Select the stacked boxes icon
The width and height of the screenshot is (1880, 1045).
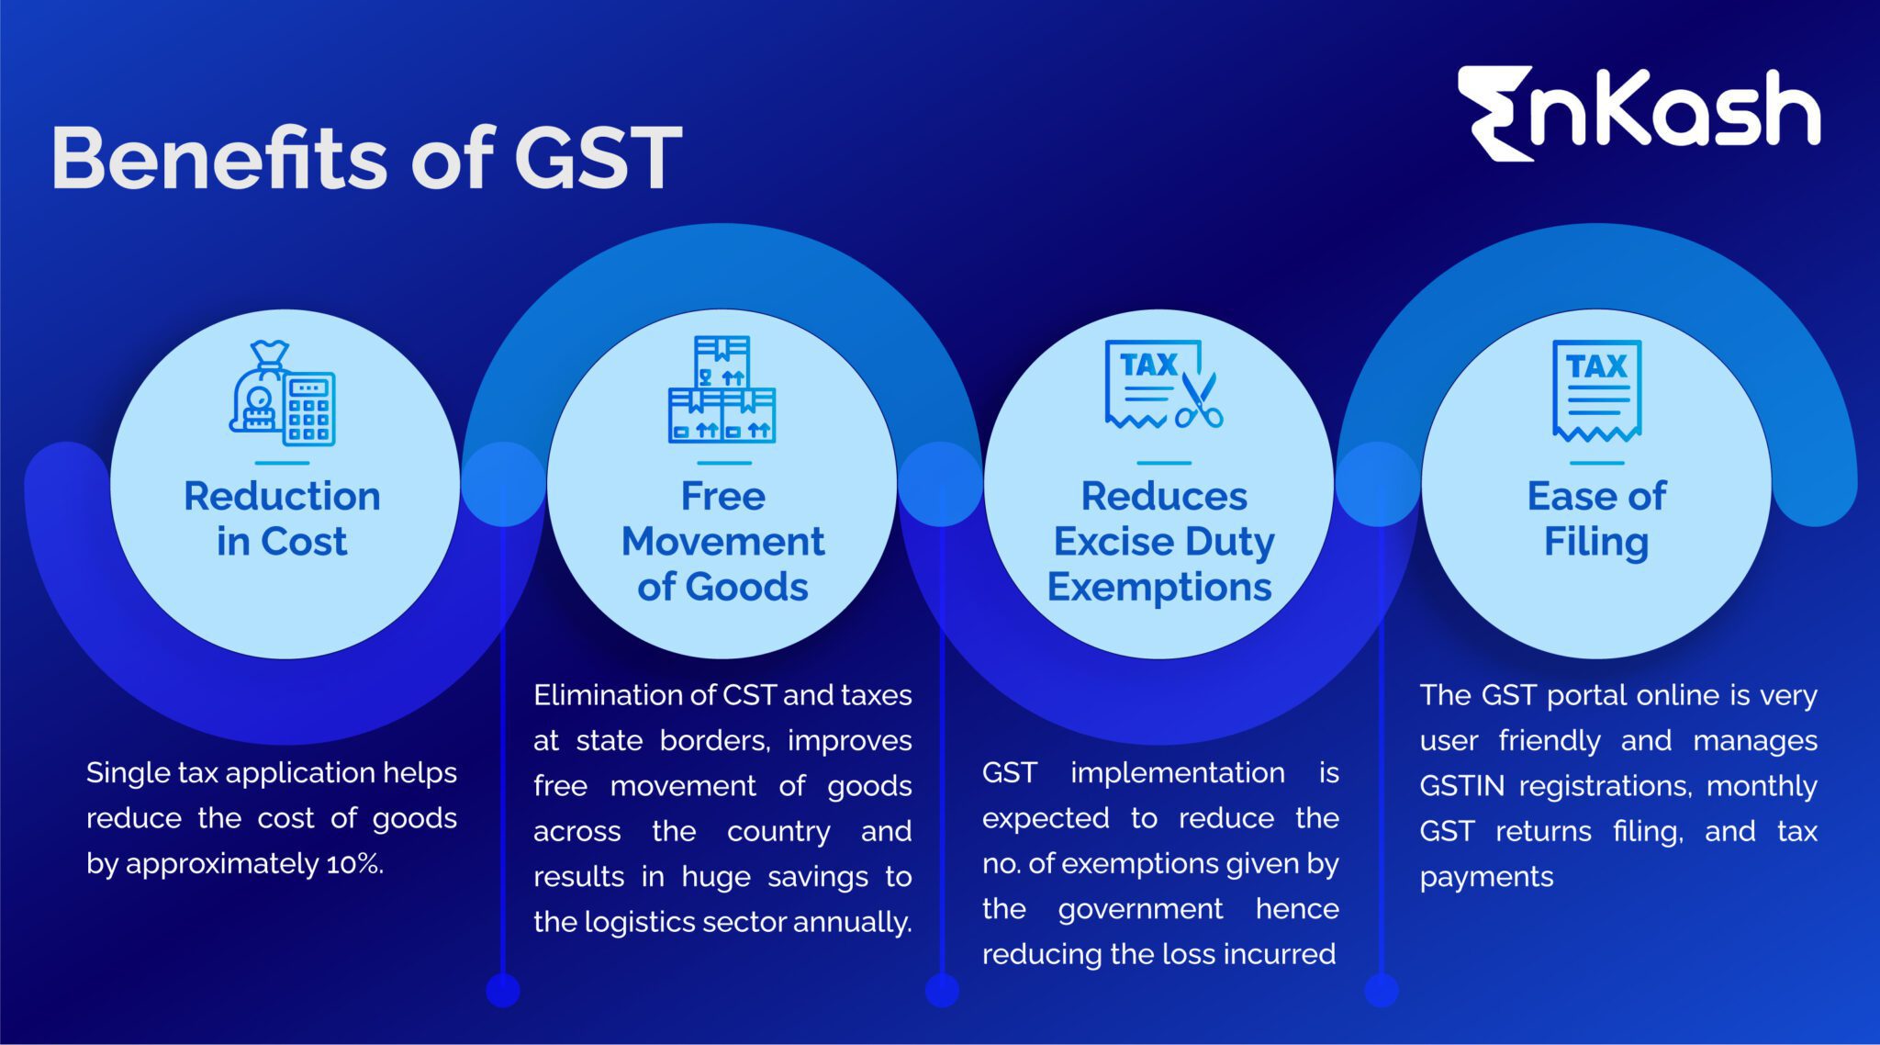[x=722, y=389]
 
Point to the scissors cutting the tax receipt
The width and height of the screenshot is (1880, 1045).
[x=1199, y=400]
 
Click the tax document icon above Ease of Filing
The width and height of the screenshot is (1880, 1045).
[x=1596, y=390]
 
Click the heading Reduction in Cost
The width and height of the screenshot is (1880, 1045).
[x=282, y=519]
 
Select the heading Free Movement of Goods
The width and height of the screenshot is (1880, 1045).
[x=722, y=541]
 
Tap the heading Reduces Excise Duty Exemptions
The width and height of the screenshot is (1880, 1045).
[x=1162, y=541]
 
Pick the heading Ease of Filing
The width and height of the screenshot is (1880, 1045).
[x=1596, y=519]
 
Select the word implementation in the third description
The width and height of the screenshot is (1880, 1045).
[x=1178, y=773]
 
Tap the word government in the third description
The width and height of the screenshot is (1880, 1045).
[x=1140, y=909]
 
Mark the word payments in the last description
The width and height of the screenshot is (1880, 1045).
[x=1486, y=877]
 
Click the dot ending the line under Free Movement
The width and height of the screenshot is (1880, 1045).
[x=502, y=990]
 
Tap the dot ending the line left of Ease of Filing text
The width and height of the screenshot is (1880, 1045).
[x=1381, y=990]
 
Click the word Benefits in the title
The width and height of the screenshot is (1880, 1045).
[x=221, y=158]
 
